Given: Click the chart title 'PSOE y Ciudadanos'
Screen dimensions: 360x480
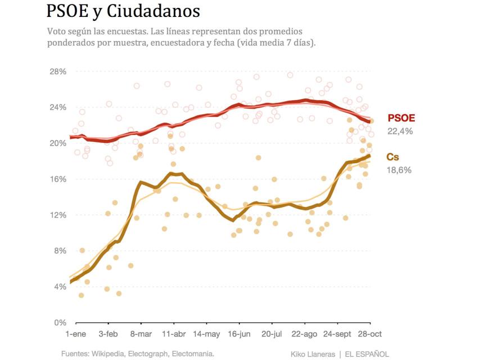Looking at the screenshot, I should coord(123,11).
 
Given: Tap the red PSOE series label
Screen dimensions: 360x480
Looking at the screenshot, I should coord(401,118).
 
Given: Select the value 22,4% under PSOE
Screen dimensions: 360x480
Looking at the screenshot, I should coord(400,131).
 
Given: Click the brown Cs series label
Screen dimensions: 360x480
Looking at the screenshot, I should coord(393,157).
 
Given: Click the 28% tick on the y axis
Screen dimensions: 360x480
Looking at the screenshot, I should coord(58,71).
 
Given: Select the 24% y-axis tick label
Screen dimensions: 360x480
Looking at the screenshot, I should coord(58,107).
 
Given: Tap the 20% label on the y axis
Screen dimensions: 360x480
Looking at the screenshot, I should coord(58,143).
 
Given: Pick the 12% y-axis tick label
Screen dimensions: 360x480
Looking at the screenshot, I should coord(58,215).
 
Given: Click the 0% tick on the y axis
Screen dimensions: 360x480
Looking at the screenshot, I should coord(60,323).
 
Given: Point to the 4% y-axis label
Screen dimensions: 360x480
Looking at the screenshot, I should coord(60,287).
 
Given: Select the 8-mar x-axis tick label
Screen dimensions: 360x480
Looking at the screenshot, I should coord(141,334).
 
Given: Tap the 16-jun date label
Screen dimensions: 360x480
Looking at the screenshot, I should coord(239,334).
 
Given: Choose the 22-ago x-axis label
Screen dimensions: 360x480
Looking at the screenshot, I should coord(304,334).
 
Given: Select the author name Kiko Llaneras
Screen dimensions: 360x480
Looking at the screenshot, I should coord(313,354).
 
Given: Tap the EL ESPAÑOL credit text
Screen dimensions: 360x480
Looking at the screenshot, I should coord(367,354).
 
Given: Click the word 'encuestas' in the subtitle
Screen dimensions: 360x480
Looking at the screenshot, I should coord(126,31).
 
